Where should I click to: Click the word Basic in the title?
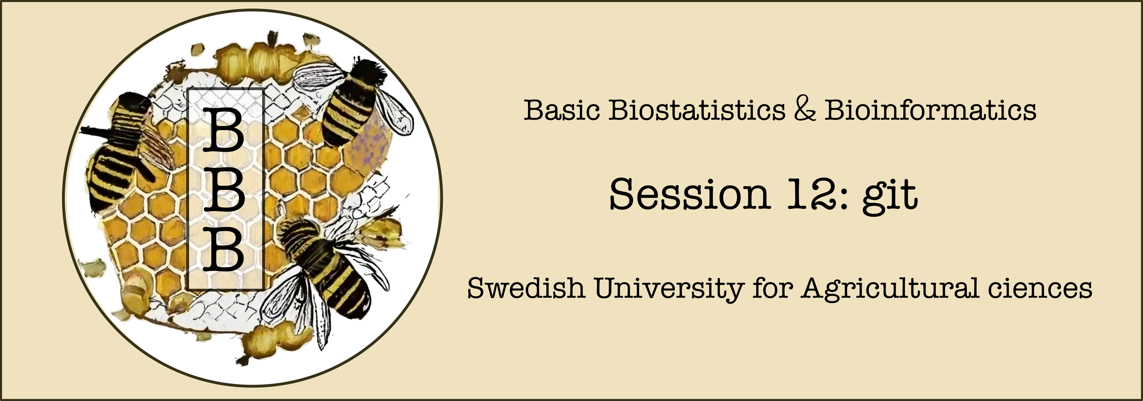tap(562, 110)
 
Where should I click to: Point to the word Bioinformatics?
tap(930, 110)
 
